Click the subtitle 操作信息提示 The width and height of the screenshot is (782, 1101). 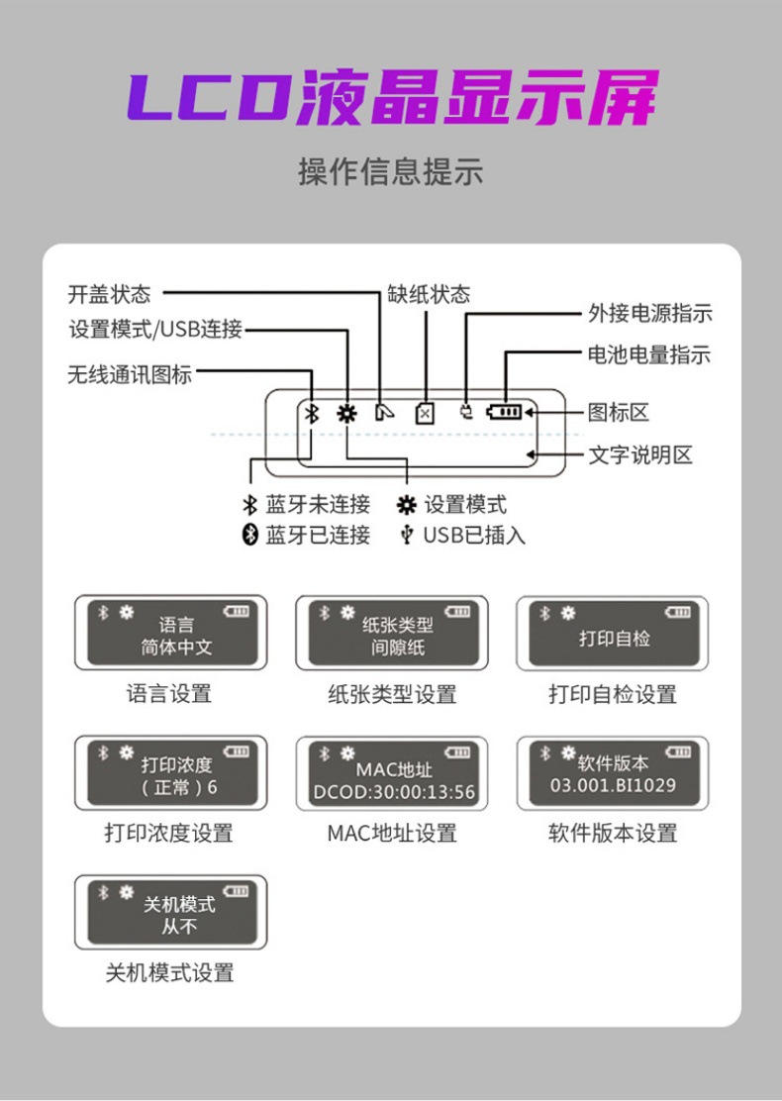point(391,171)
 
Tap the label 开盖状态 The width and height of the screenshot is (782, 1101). point(109,294)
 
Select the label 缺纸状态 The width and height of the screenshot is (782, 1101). point(428,294)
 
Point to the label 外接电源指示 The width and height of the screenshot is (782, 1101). point(650,314)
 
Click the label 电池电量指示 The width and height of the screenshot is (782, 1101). point(649,354)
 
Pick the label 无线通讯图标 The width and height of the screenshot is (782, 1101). point(130,375)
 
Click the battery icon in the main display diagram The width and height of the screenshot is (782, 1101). point(505,413)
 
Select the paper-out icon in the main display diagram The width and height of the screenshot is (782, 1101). point(424,414)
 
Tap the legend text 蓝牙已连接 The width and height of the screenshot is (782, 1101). point(318,536)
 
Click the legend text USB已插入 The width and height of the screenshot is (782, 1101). point(473,536)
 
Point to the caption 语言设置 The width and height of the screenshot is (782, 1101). point(169,694)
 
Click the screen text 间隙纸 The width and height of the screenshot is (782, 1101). point(391,649)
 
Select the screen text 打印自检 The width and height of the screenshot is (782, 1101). point(614,639)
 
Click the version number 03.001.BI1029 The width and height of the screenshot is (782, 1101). point(613,786)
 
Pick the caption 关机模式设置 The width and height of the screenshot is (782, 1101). point(169,973)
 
